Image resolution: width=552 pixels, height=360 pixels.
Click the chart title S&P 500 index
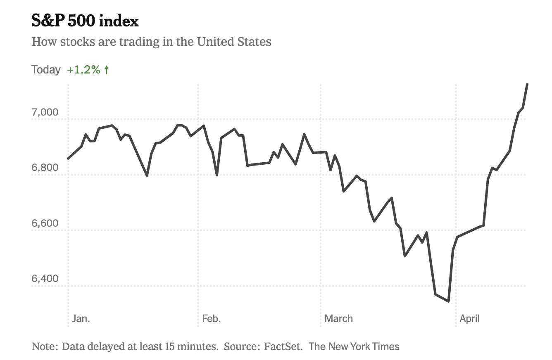85,21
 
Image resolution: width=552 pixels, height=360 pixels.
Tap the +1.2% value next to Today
84,70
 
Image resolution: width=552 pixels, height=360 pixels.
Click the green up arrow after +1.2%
107,70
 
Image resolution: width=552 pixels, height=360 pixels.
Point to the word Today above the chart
46,70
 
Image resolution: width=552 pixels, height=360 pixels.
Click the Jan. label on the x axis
81,318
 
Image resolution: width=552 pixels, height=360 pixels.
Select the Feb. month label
211,318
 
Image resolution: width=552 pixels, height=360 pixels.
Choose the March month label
338,318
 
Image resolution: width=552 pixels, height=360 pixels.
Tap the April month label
470,318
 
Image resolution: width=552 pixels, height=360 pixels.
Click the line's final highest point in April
527,84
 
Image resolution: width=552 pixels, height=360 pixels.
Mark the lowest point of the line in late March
448,301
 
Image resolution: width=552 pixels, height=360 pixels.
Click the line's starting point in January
69,159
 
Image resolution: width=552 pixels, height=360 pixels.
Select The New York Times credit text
354,346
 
